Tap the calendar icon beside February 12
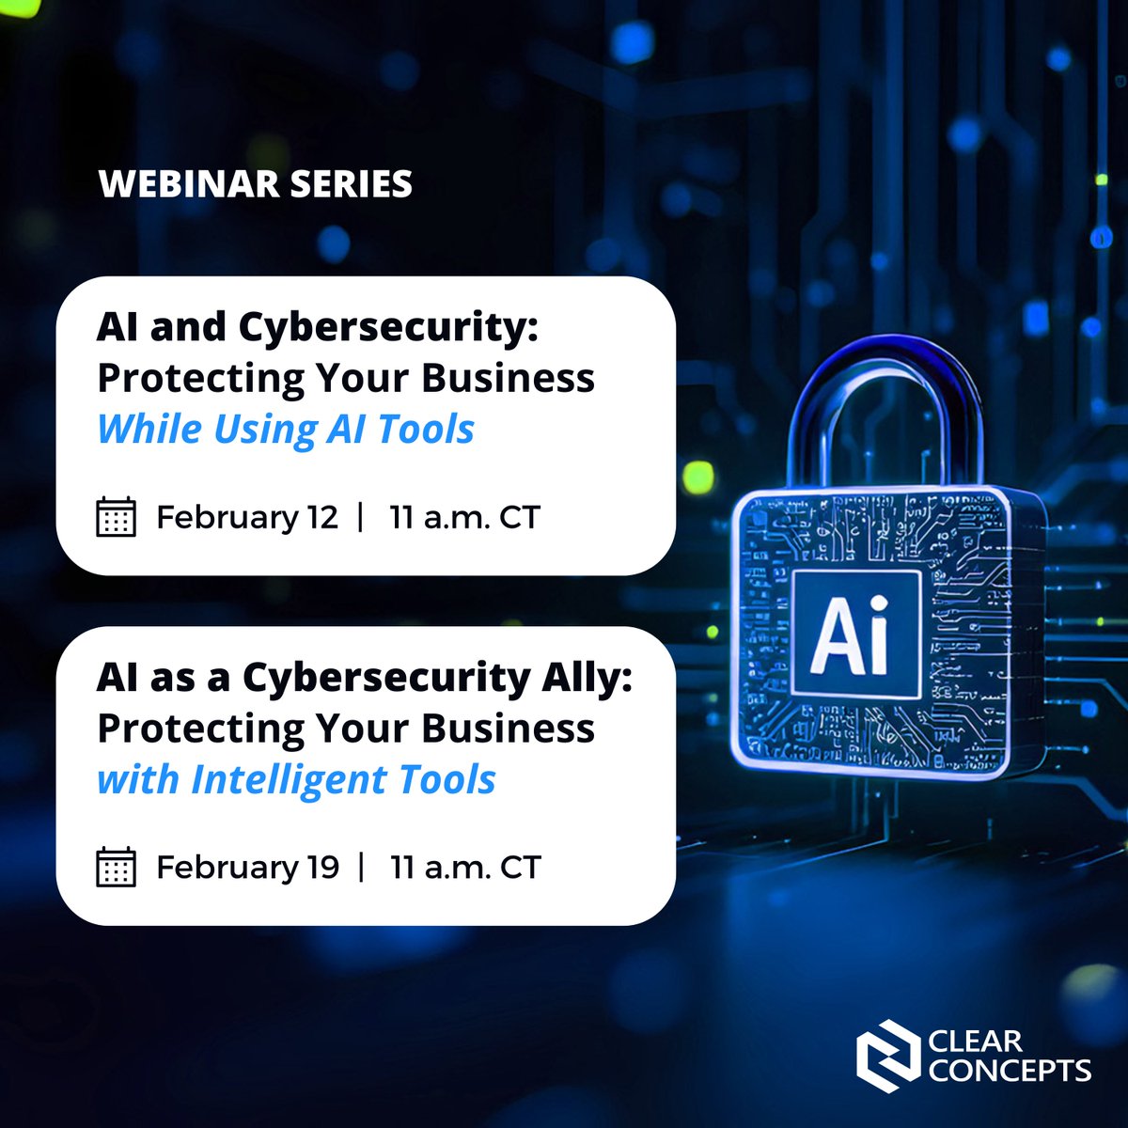[117, 517]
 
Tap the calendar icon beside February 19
[117, 867]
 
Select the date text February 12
[246, 517]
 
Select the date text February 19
[246, 867]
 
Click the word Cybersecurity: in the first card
[387, 327]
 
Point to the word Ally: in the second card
[586, 677]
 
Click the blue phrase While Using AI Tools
[286, 429]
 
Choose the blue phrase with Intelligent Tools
[296, 779]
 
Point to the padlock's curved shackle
[884, 395]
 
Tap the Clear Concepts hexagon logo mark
[887, 1056]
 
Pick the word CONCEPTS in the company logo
[1010, 1070]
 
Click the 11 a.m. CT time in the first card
[464, 517]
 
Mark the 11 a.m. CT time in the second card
[465, 867]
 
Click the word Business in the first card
[508, 378]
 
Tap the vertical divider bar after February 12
[361, 517]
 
